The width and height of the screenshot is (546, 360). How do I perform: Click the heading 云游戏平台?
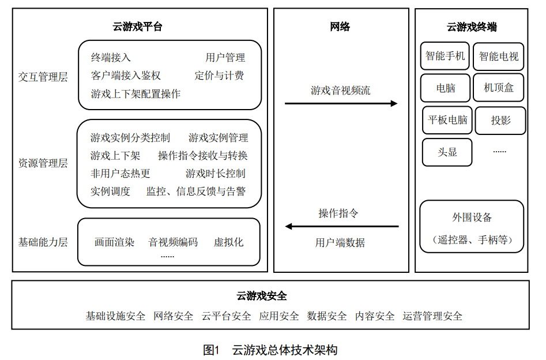137,27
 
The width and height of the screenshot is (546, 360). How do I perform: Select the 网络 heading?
340,27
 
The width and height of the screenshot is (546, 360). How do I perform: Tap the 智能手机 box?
445,56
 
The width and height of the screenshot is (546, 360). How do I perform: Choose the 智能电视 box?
498,56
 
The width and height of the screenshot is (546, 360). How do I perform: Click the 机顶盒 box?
498,88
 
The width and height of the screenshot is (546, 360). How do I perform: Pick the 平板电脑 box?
447,120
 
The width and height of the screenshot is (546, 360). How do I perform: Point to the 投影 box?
500,121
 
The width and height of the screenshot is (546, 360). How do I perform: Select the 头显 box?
447,152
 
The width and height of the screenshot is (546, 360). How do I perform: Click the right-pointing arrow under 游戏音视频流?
341,103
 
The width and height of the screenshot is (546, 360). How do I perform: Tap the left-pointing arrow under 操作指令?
342,227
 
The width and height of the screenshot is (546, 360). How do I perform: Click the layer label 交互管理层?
43,77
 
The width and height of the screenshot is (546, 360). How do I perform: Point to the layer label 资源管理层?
43,163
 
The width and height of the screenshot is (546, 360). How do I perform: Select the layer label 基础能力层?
43,242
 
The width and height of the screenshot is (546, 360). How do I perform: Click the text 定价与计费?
219,75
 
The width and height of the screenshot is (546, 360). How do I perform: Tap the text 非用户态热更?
120,173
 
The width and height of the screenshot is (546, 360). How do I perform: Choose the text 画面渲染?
114,242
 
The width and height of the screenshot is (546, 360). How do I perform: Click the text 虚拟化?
228,242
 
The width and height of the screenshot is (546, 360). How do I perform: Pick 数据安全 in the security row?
327,316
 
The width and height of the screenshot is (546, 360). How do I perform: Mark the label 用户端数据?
340,242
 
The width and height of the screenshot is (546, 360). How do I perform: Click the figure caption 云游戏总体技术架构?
284,350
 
